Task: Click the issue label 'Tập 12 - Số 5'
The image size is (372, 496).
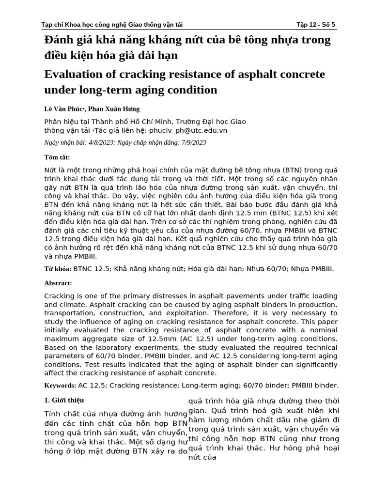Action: point(315,25)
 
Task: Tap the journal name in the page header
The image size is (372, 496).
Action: point(112,25)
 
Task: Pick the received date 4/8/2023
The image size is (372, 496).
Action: point(100,142)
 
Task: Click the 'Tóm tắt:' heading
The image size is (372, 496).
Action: point(57,157)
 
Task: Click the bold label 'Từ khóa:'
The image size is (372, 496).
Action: point(58,269)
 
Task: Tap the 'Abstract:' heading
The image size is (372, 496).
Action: point(58,283)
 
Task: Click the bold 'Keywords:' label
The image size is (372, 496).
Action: point(60,386)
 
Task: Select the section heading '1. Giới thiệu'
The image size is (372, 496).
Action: point(64,400)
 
